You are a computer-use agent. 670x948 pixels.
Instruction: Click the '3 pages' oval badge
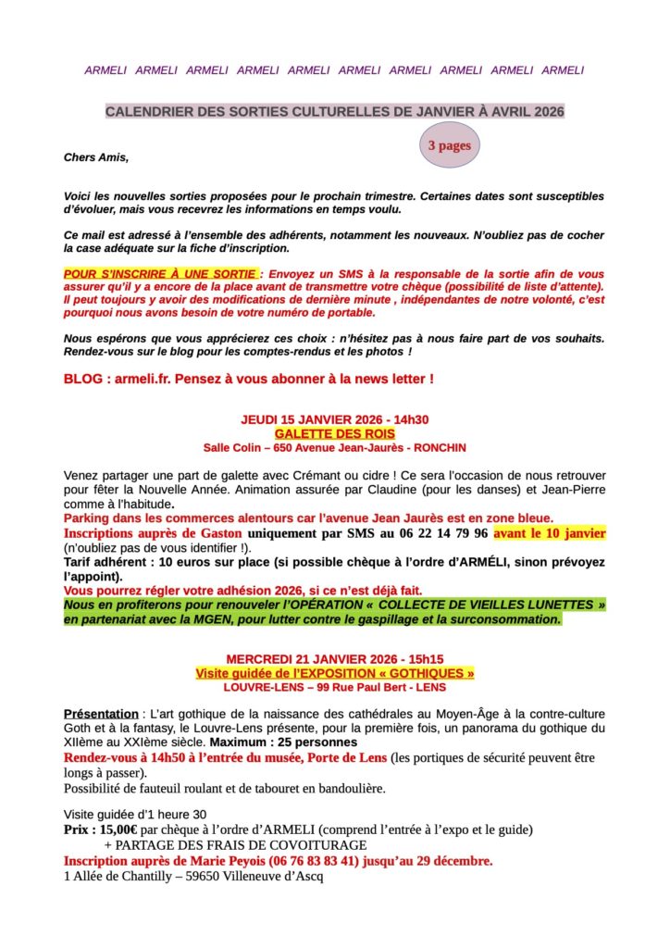point(449,145)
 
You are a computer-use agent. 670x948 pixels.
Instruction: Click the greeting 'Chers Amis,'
point(96,157)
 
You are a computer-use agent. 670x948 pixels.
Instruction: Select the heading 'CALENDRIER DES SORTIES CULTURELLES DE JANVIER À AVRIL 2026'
point(334,111)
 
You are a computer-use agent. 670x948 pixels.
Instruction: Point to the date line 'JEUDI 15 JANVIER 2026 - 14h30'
point(334,419)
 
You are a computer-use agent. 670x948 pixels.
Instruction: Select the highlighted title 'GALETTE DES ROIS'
point(334,433)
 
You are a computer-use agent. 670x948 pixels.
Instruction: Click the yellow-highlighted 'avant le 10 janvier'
point(550,533)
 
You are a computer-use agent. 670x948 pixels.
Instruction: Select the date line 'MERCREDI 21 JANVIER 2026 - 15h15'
point(334,658)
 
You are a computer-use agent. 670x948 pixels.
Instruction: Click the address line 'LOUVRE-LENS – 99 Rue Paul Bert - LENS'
point(334,687)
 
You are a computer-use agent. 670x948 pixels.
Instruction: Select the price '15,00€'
point(119,829)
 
